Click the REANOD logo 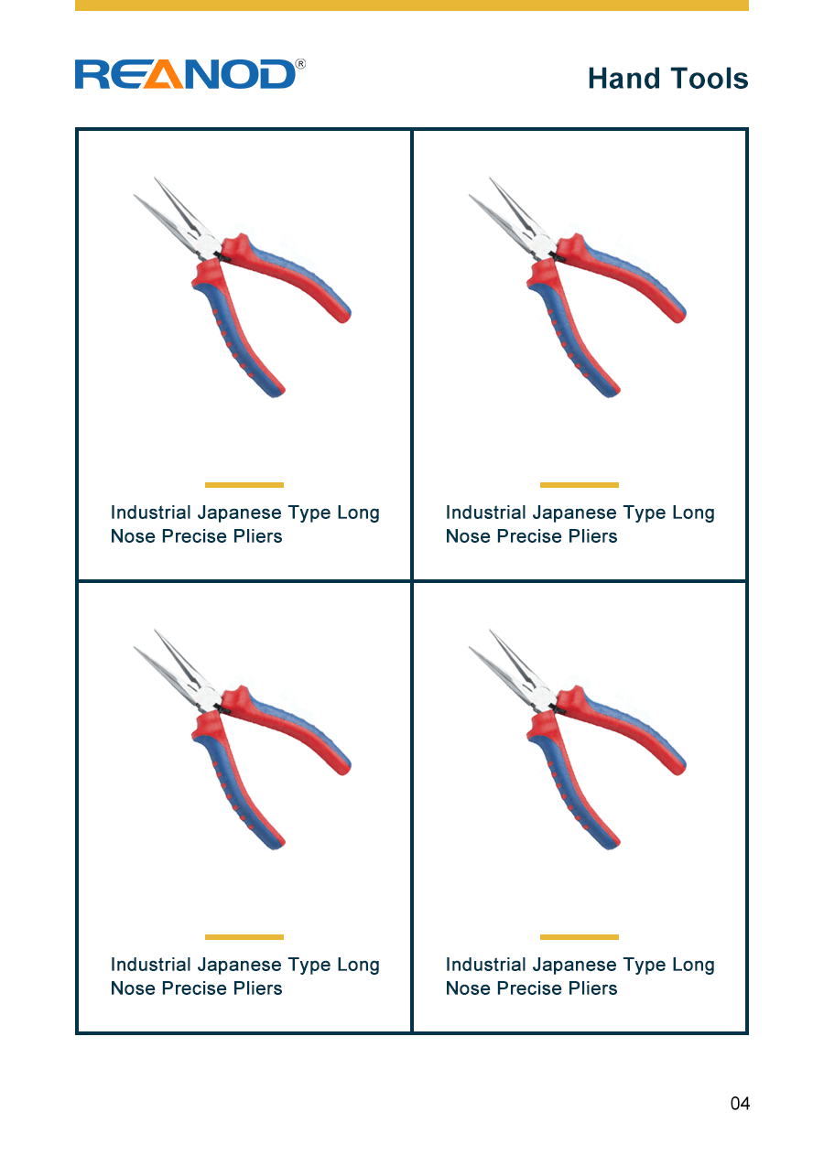click(x=190, y=74)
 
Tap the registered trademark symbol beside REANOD click(x=300, y=64)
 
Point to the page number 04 click(x=740, y=1103)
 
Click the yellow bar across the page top click(x=411, y=5)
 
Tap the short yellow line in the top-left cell click(x=244, y=485)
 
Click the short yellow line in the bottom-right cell click(x=580, y=937)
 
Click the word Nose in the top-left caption click(x=133, y=536)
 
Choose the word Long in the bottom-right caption click(x=693, y=966)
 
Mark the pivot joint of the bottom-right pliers click(x=558, y=709)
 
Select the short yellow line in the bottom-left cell click(x=244, y=937)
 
